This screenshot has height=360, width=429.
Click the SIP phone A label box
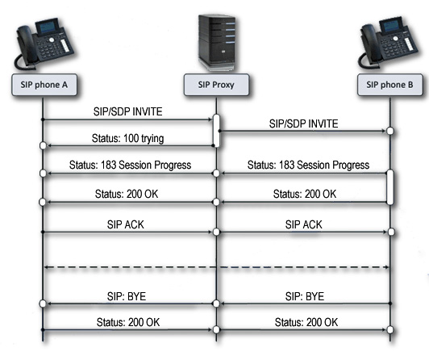tap(44, 85)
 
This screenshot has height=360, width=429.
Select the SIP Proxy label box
tap(216, 85)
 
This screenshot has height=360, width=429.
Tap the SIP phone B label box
tap(389, 85)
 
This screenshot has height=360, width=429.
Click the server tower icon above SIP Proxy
tap(218, 43)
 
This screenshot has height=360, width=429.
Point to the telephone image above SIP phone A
tap(44, 44)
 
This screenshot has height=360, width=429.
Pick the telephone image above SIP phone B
tap(388, 43)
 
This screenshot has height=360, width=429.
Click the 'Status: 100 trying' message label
tap(127, 139)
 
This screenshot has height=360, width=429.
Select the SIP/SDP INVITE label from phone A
tap(127, 111)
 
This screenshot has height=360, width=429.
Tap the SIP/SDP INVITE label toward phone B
tap(303, 123)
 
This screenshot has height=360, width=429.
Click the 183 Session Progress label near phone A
tap(131, 165)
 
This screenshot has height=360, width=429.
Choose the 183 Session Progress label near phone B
tap(308, 165)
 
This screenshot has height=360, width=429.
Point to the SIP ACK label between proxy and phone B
tap(304, 224)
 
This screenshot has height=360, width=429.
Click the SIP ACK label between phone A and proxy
tap(126, 224)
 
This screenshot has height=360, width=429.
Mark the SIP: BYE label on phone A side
tap(127, 296)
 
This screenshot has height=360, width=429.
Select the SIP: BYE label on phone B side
tap(305, 296)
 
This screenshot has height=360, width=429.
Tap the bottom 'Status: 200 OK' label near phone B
tap(306, 323)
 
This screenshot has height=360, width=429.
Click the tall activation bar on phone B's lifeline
tap(390, 187)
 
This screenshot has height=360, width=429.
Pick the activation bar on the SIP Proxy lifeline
tap(216, 131)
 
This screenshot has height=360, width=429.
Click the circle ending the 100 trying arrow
tap(43, 145)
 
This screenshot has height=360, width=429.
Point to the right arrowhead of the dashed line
tap(386, 267)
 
